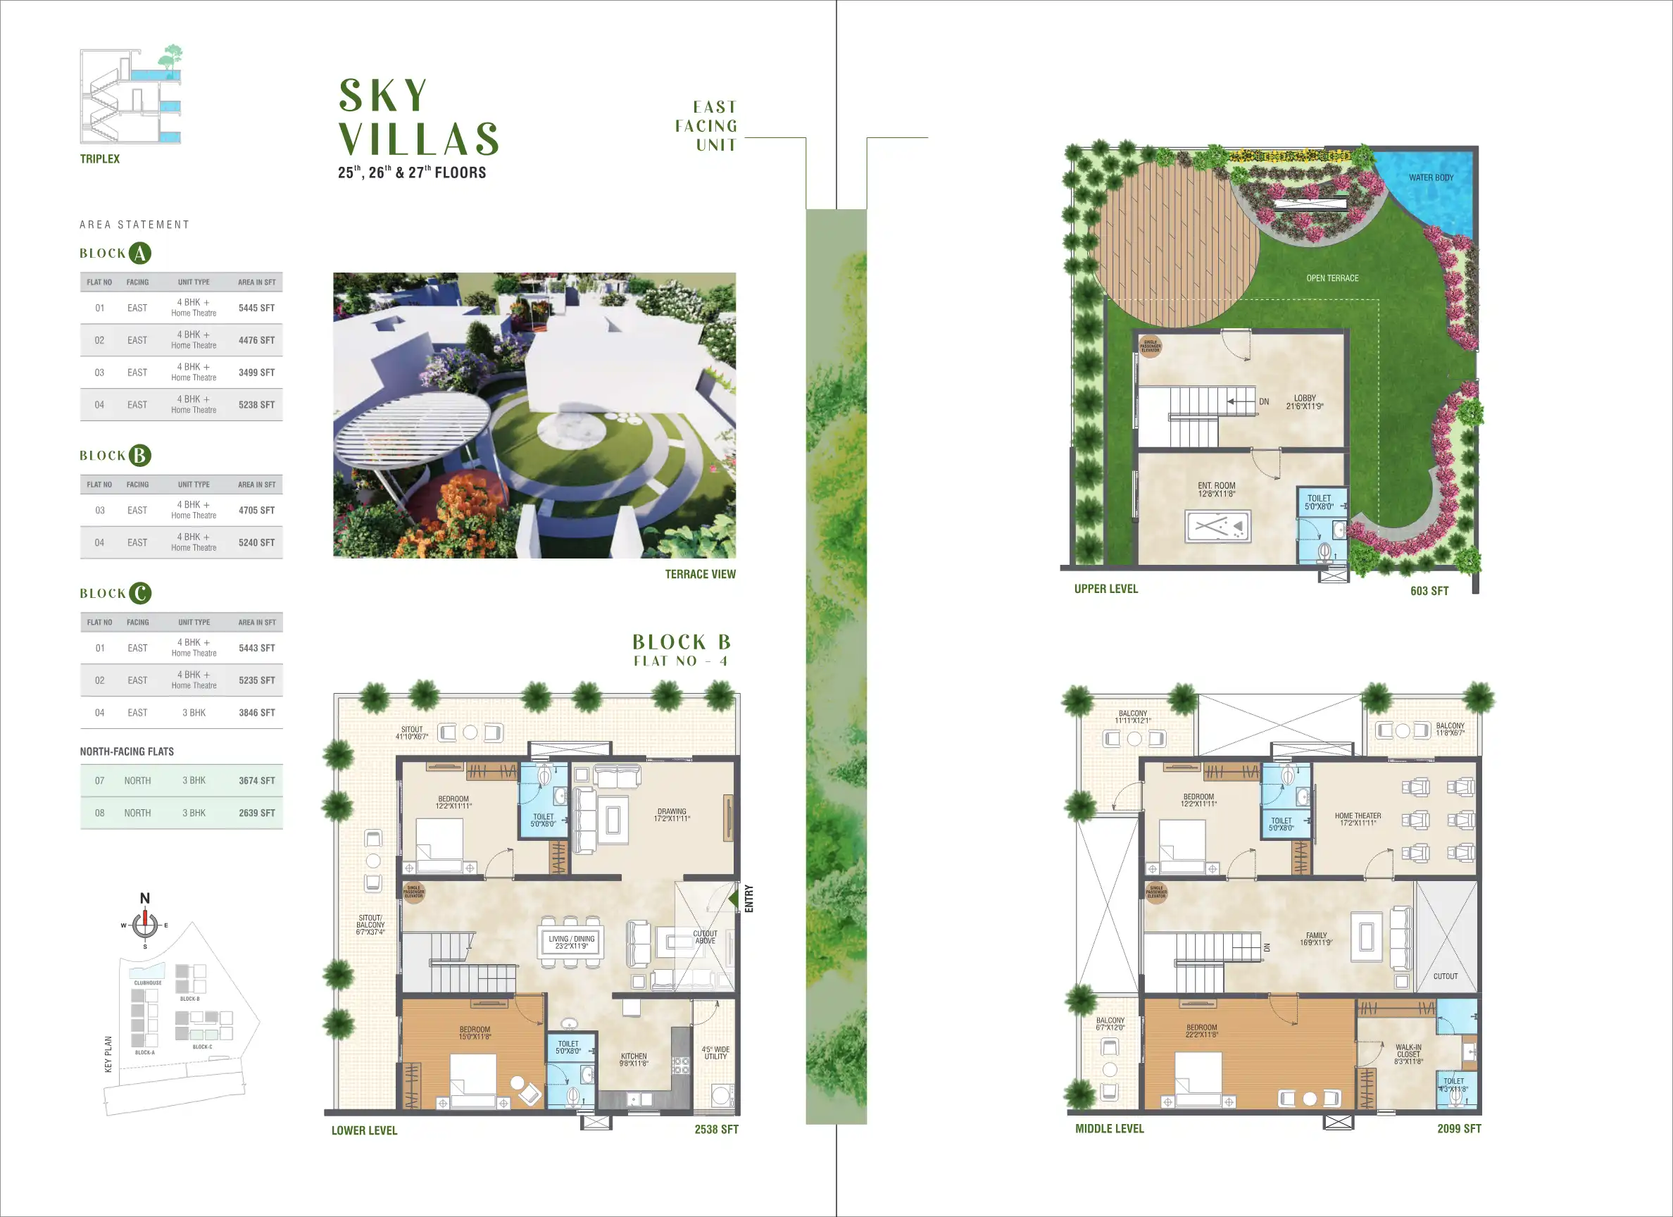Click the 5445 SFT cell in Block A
coord(256,308)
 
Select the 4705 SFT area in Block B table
coord(256,510)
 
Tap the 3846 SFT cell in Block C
coord(256,712)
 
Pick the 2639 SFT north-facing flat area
coord(256,813)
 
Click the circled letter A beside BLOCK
coord(140,253)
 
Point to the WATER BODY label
coord(1430,178)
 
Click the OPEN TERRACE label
coord(1331,278)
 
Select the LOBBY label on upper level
coord(1304,401)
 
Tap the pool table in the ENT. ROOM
coord(1217,526)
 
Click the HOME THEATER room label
coord(1358,819)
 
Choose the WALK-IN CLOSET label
coord(1408,1054)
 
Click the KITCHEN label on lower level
coord(633,1059)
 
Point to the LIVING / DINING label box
coord(571,942)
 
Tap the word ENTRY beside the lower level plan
coord(748,898)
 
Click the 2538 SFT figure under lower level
coord(715,1129)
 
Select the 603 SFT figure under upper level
coord(1429,591)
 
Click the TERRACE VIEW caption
coord(700,574)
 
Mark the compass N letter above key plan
coord(144,898)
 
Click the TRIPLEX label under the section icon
coord(99,158)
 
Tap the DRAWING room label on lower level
coord(671,815)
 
